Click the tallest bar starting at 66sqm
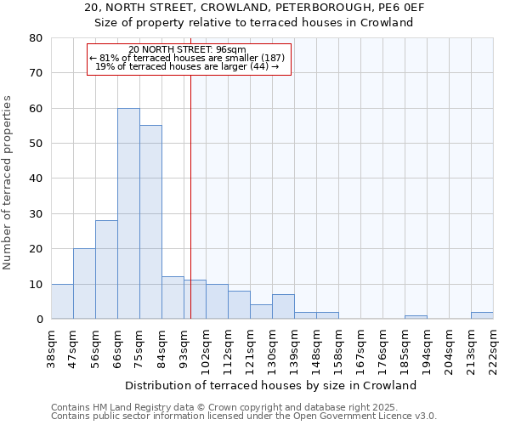128,213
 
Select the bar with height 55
150,222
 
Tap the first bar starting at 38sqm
62,302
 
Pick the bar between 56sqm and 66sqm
106,269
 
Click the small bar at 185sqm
416,317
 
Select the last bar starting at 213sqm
482,315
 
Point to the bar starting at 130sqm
283,307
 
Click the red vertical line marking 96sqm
190,195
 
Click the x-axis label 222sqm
493,347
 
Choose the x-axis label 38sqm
51,347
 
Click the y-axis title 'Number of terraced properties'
8,182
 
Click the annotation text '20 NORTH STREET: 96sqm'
188,50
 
